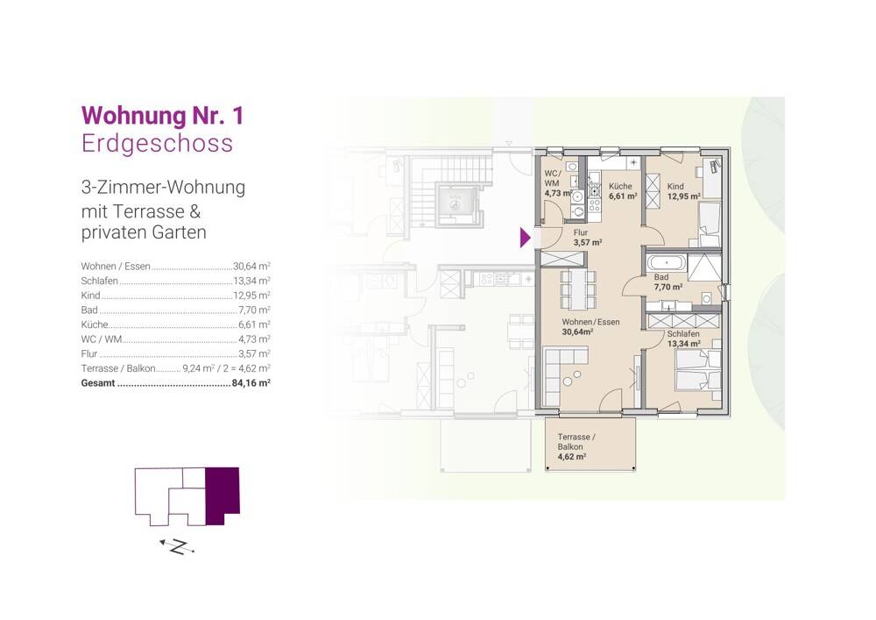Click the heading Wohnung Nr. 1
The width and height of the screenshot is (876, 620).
(x=163, y=116)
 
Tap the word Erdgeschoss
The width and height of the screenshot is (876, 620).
(x=157, y=143)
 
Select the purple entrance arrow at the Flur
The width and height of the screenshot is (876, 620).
(x=525, y=237)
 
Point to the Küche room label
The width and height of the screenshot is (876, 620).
(x=620, y=186)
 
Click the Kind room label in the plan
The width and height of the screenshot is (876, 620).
(x=675, y=186)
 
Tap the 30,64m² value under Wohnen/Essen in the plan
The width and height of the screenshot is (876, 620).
(x=577, y=331)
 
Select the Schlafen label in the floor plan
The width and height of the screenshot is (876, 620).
(x=683, y=334)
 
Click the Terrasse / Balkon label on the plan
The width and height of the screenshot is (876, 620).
(x=576, y=442)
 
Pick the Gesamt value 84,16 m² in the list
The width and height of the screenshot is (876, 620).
(x=251, y=383)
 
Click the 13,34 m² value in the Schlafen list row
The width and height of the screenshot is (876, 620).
(x=251, y=281)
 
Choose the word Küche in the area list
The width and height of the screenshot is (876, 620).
(x=95, y=324)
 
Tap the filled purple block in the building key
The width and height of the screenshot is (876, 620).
(x=223, y=494)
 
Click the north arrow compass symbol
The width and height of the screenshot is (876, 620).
(x=177, y=546)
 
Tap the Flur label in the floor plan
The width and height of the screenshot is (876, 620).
(x=581, y=232)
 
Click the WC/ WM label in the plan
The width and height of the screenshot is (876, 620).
(x=552, y=178)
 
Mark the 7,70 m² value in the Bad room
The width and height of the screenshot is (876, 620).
(x=668, y=287)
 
